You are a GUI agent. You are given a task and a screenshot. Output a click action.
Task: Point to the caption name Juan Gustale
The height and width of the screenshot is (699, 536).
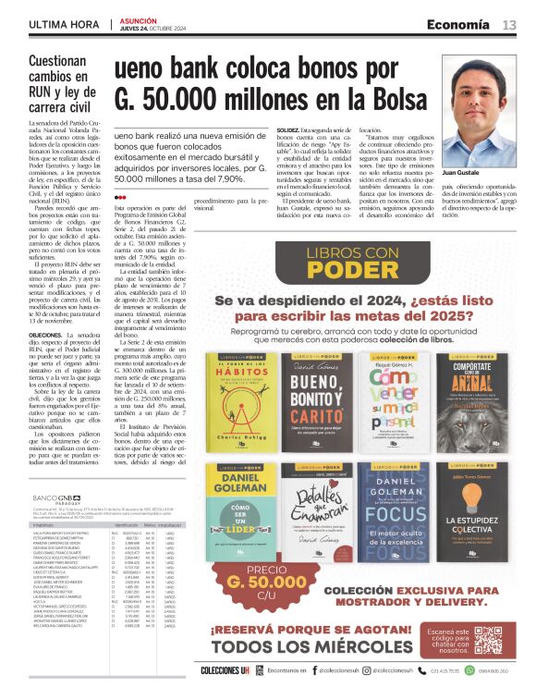(475, 173)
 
